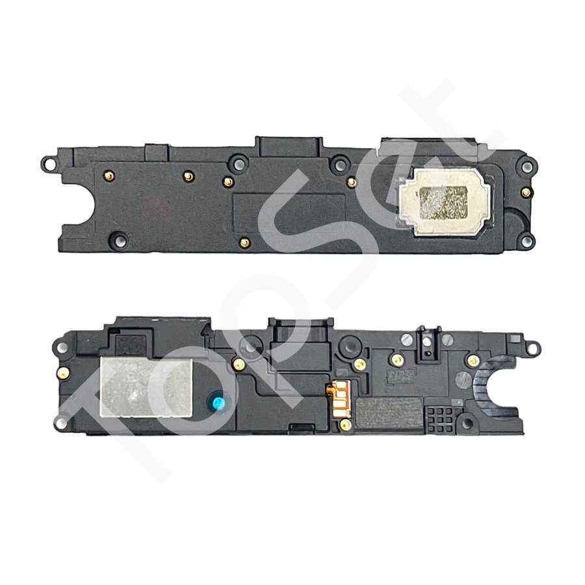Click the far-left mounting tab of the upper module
47,160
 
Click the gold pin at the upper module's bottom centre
245,243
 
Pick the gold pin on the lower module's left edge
61,373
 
